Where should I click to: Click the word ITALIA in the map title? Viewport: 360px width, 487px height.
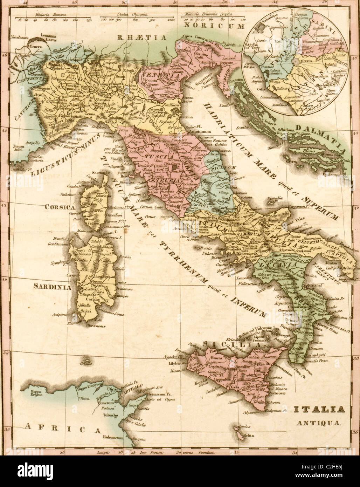[314, 409]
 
